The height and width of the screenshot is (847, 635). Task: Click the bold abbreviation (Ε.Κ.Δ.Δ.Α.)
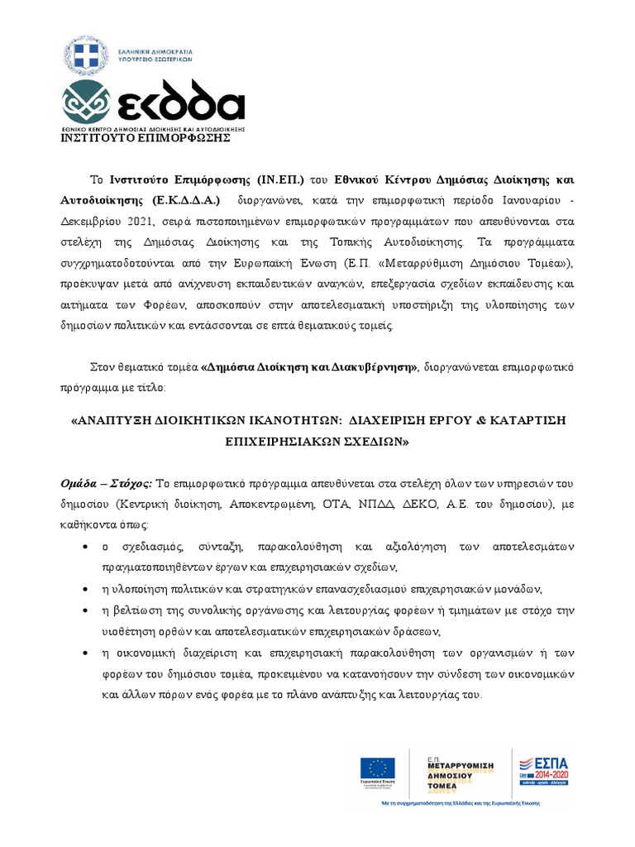(x=187, y=201)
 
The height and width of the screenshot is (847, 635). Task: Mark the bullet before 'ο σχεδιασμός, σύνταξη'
(x=88, y=547)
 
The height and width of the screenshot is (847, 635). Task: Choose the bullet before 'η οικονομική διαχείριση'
(x=88, y=653)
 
